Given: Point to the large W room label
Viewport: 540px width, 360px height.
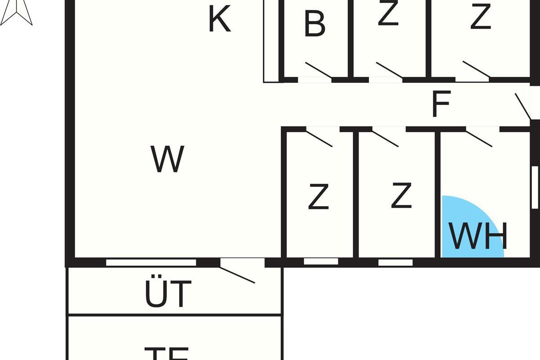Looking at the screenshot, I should pos(167,159).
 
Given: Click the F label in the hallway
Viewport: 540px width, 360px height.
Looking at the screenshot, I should pos(441,104).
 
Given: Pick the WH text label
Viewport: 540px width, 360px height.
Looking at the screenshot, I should pos(478,236).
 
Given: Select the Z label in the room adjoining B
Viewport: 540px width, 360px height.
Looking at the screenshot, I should pos(388,14).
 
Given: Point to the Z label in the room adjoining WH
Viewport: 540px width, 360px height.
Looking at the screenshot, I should pos(401,196).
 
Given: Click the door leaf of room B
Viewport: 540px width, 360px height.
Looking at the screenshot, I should pos(319,69).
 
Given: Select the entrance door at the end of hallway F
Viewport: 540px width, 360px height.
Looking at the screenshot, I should pos(523,107).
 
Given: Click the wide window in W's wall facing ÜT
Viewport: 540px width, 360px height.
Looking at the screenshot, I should pos(151,262).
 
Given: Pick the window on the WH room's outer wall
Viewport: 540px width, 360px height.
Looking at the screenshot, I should pos(535,187).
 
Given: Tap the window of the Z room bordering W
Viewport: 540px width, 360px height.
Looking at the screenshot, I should pos(321,261).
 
